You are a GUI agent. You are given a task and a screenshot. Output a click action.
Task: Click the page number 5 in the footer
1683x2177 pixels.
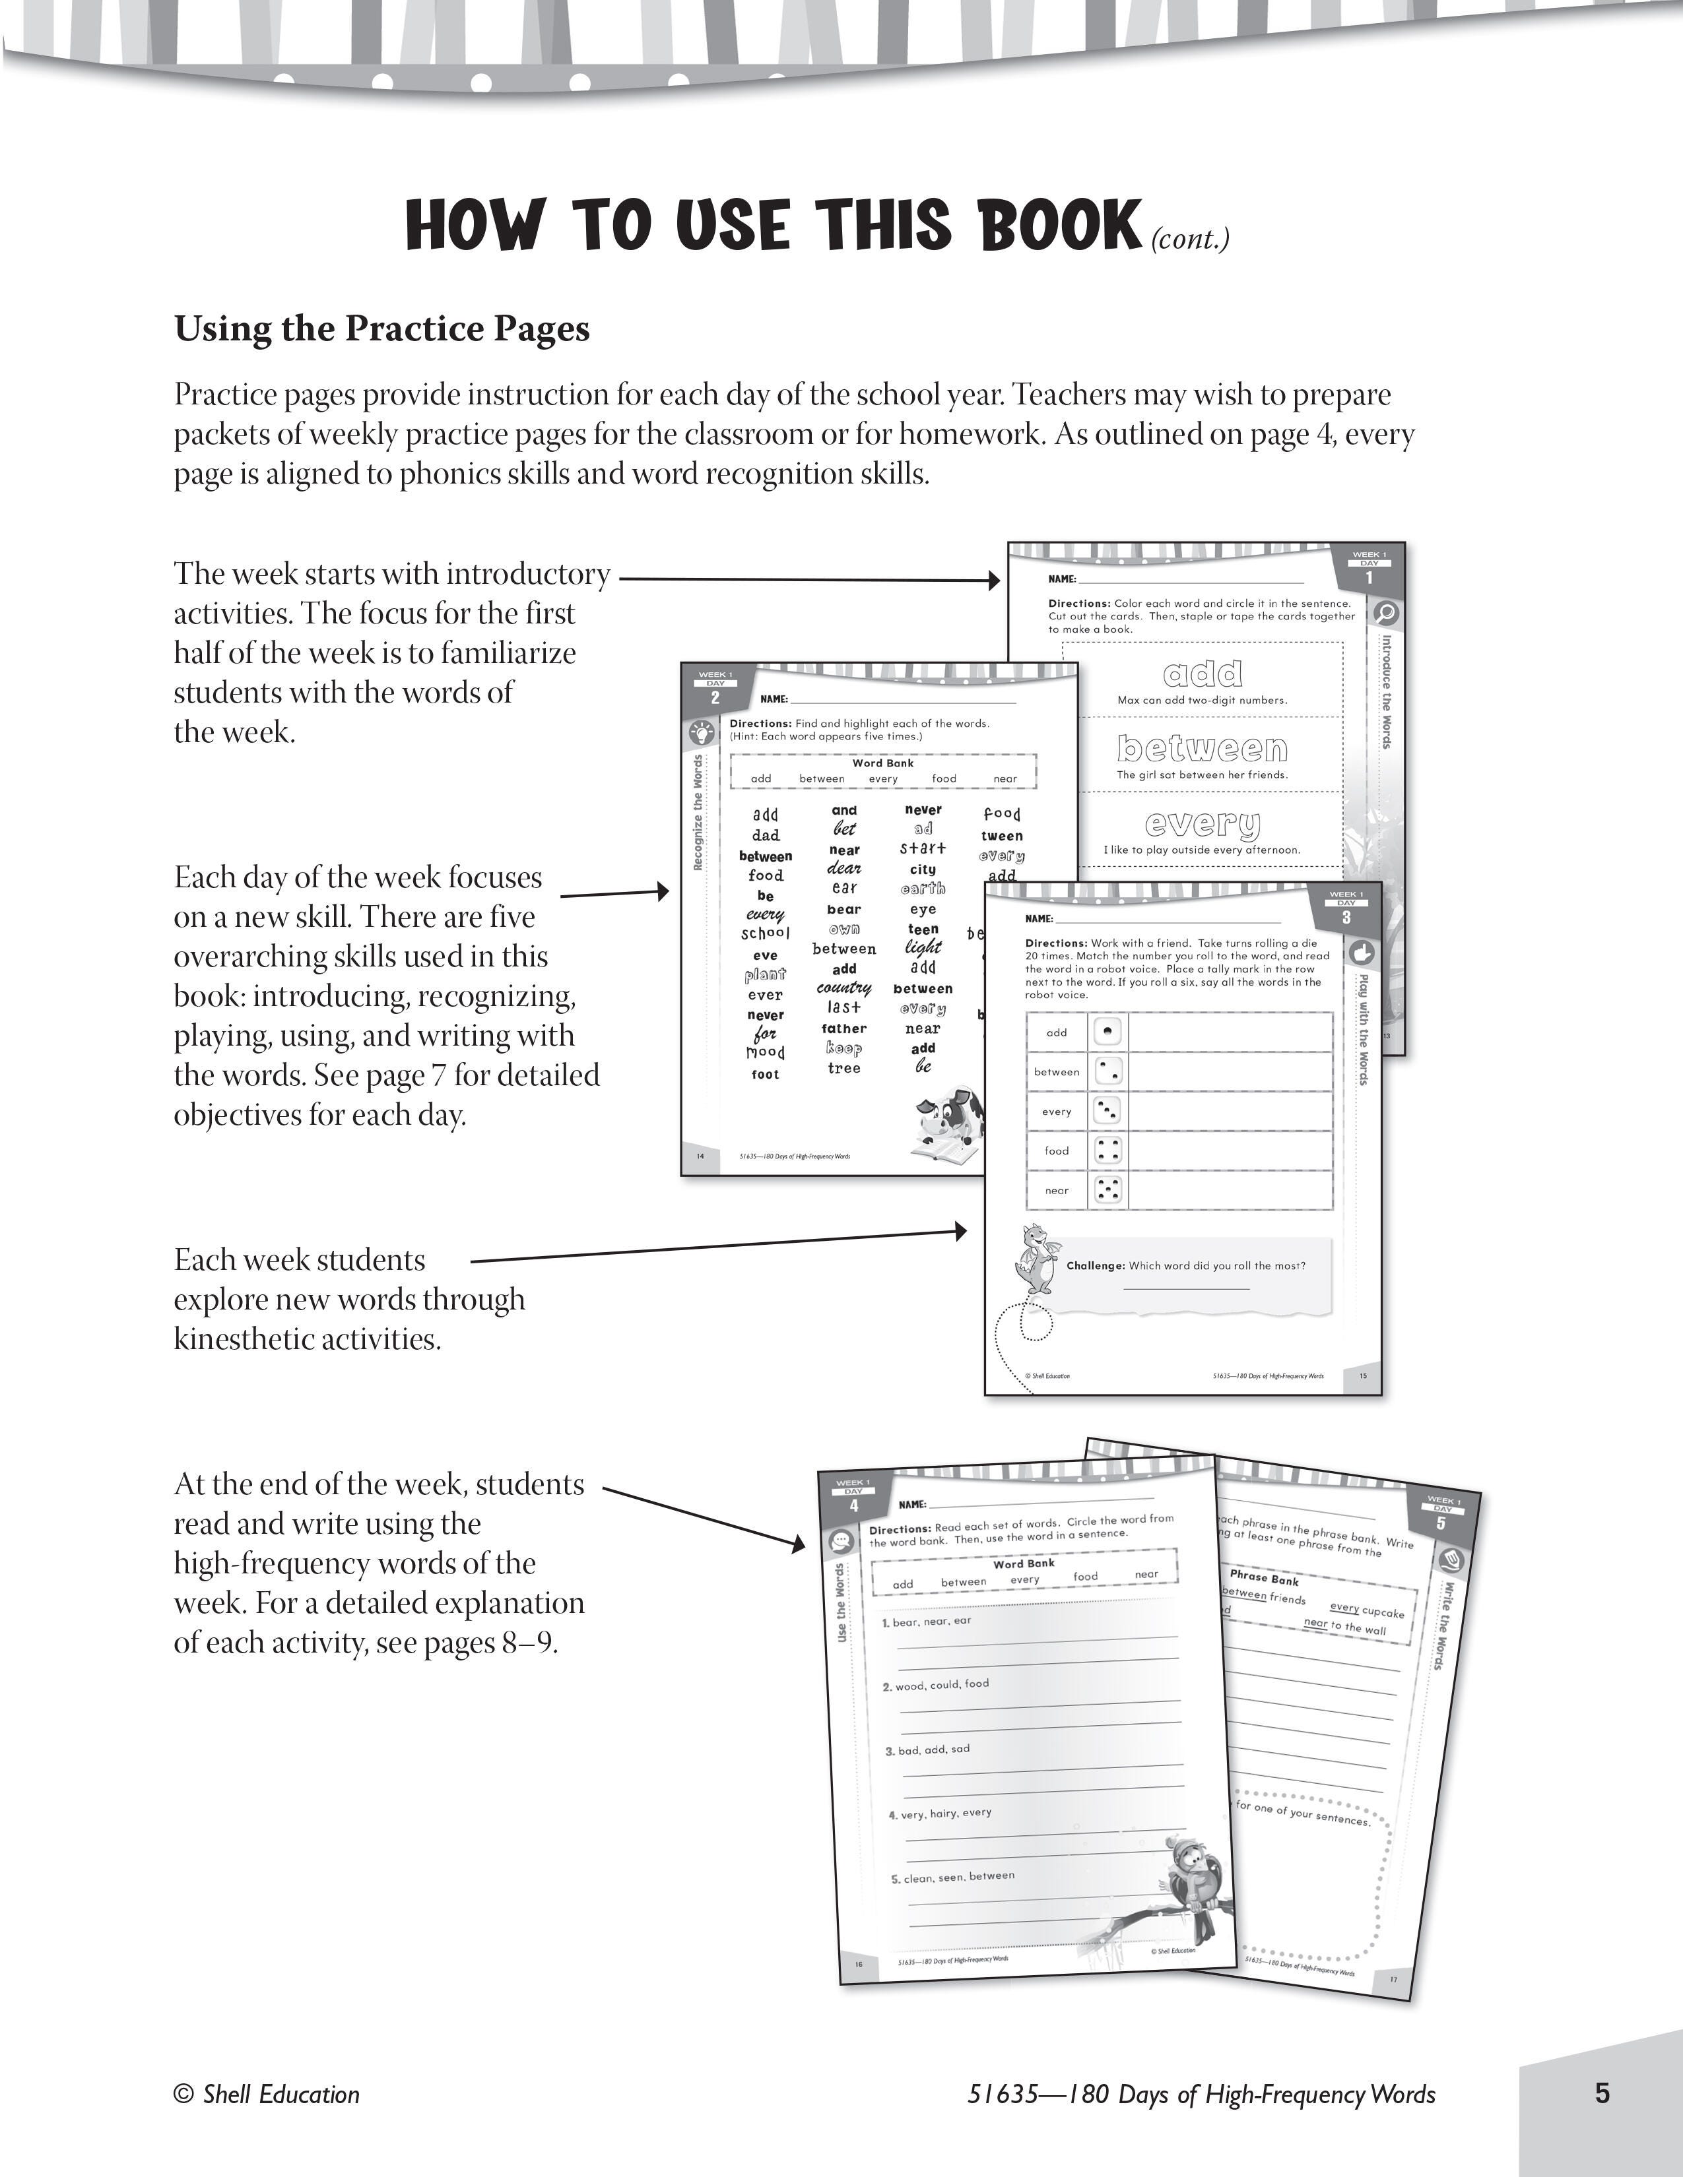[1601, 2093]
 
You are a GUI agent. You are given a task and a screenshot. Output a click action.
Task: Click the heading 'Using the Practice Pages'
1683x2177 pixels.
[382, 329]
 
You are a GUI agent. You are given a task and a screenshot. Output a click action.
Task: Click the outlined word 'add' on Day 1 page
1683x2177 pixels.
[1203, 675]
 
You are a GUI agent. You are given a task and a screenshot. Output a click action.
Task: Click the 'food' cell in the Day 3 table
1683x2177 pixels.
[1056, 1151]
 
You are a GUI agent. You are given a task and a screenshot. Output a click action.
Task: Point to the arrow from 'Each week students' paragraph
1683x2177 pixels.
[718, 1246]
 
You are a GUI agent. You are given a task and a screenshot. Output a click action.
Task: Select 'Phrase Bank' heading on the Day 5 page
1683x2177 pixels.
[1263, 1578]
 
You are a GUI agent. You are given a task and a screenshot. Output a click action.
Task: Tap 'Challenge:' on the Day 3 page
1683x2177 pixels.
[1095, 1266]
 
